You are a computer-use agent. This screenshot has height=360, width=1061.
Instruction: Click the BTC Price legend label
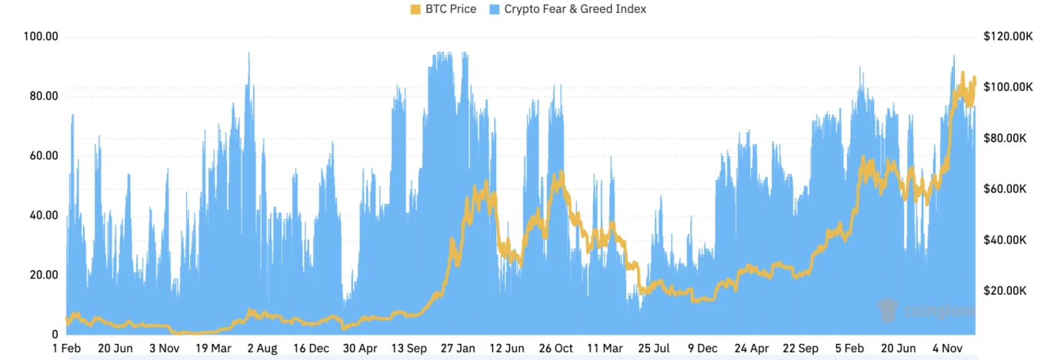[450, 9]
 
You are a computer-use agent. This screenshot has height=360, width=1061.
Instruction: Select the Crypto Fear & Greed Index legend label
[574, 9]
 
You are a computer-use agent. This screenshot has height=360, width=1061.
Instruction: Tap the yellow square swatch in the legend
[415, 9]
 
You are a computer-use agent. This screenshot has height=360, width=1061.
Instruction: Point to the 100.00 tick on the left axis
[42, 37]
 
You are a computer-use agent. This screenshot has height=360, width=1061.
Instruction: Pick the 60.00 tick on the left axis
[43, 156]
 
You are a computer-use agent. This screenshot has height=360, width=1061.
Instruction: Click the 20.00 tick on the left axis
[43, 275]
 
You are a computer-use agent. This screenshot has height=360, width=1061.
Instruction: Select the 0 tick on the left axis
[54, 335]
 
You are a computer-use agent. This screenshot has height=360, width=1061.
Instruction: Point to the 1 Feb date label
[67, 348]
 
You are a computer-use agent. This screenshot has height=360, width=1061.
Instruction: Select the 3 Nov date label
[165, 348]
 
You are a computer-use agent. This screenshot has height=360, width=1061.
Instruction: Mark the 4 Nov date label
[948, 348]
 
